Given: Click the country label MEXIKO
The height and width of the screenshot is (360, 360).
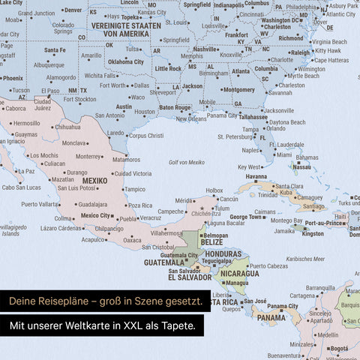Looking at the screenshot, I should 94,181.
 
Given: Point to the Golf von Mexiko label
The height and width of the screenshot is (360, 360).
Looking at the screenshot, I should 187,163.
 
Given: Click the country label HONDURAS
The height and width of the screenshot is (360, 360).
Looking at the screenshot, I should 224,254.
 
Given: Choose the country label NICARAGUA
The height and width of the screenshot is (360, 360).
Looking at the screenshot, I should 240,273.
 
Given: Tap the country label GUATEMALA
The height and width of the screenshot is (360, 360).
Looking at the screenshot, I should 164,262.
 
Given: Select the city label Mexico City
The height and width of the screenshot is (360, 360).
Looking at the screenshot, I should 95,215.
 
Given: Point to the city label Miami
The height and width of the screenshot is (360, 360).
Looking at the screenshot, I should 284,155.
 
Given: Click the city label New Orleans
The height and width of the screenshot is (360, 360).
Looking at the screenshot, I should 186,118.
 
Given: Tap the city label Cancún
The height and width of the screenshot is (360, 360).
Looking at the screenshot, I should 229,199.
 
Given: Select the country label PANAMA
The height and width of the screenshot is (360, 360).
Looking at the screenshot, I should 271,318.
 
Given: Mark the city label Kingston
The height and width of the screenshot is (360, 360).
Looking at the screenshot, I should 313,234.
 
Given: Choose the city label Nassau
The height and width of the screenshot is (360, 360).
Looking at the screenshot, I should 301,167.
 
